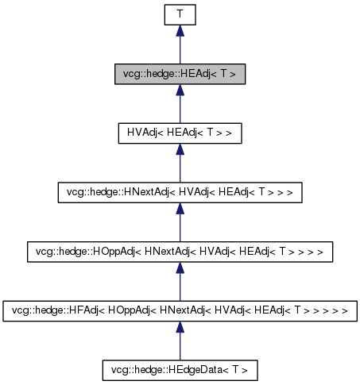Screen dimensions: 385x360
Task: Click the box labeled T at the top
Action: tap(180, 14)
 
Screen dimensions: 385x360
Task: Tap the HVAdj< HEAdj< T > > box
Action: tap(180, 133)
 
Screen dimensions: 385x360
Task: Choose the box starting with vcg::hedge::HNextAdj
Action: tap(180, 192)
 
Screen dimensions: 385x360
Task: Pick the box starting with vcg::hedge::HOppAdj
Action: tap(180, 251)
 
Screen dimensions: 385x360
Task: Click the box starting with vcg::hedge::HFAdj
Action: tap(180, 310)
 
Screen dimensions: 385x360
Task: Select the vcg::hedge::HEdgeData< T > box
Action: tap(180, 369)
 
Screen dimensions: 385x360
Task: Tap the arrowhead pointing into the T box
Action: tap(180, 31)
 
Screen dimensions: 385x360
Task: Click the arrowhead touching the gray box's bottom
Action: tap(180, 90)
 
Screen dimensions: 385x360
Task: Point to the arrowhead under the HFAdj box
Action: tap(180, 327)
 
